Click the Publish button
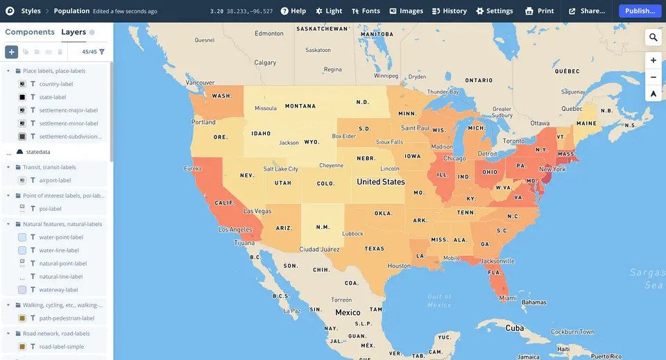click(640, 11)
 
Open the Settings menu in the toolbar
click(494, 11)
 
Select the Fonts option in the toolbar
click(366, 11)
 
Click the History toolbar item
click(449, 11)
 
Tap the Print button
click(540, 11)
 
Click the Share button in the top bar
click(587, 11)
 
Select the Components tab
click(30, 32)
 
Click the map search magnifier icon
click(654, 37)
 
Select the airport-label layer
click(55, 180)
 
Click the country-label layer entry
click(55, 84)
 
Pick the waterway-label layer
click(58, 290)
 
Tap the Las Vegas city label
click(257, 211)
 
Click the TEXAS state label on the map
click(374, 248)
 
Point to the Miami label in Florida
click(508, 298)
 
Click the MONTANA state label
click(300, 106)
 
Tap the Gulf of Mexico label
click(439, 300)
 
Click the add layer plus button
click(12, 52)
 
